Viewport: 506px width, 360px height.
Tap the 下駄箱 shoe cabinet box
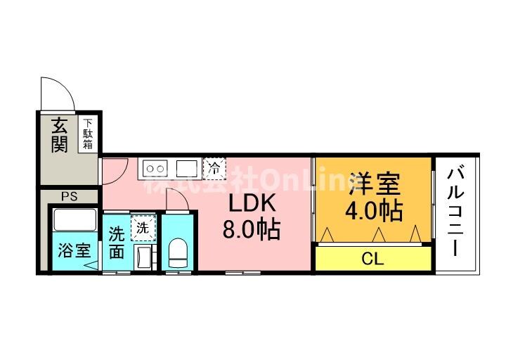tap(88, 133)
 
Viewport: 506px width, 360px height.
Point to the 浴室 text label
tap(74, 250)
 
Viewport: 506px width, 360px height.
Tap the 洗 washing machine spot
tap(142, 227)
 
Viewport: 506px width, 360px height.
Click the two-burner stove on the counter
tap(156, 168)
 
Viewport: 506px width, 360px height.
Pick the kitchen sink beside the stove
tap(186, 168)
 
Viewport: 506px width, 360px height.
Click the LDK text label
tap(246, 203)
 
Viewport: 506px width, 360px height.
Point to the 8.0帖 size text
tap(251, 229)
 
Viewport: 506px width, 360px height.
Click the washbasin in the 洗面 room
tap(144, 257)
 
